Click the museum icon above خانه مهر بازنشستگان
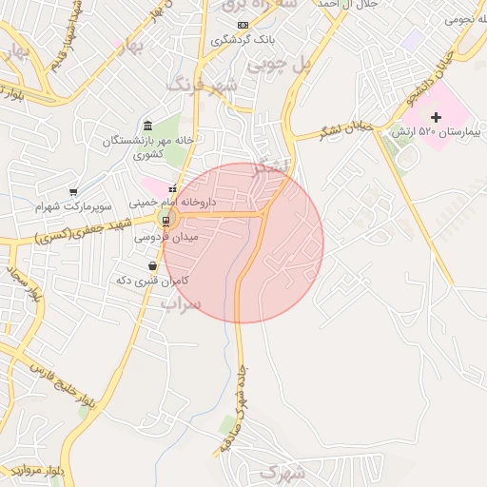(147, 126)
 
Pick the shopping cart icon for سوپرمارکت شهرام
(73, 191)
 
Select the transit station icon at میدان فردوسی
(166, 222)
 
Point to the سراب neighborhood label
(180, 303)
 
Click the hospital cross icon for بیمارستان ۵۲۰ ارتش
(437, 116)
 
